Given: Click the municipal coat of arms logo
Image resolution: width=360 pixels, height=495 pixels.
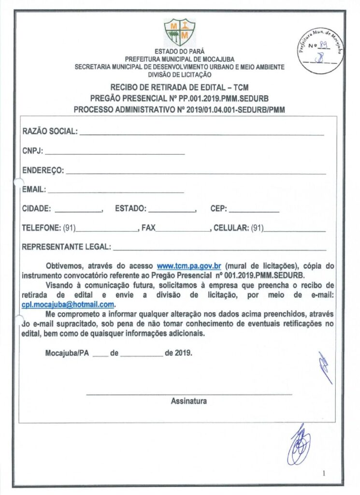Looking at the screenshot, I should [180, 33].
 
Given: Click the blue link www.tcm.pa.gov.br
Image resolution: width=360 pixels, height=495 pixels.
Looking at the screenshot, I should [189, 266].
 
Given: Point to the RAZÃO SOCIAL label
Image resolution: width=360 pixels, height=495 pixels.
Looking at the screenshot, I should [50, 131].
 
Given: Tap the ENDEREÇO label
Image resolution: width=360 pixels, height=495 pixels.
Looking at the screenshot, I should [43, 170].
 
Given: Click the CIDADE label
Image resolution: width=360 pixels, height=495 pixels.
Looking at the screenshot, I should [37, 209].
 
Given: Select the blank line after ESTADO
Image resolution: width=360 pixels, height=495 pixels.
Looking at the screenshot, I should [172, 211].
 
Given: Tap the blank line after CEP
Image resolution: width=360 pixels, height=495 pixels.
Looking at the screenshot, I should [253, 211].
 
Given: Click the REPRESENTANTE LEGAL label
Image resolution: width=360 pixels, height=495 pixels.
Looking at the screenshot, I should [66, 247].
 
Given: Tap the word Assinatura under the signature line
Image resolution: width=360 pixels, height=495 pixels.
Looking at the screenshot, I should [189, 401].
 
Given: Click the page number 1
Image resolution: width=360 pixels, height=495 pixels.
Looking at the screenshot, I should [324, 473].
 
